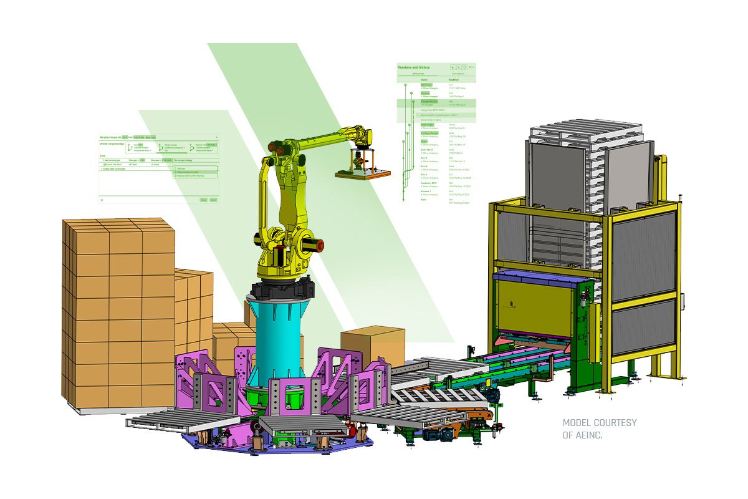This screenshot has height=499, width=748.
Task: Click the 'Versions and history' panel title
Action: point(413,67)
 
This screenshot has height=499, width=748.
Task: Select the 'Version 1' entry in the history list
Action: point(426,191)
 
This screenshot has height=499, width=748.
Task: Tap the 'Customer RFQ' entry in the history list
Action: point(428,183)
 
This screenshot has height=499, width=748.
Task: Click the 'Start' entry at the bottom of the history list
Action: point(424,200)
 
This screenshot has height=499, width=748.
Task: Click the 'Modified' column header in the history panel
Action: point(454,80)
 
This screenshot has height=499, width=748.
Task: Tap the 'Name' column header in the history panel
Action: point(424,80)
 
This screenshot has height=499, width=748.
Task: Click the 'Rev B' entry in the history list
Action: point(424,167)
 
